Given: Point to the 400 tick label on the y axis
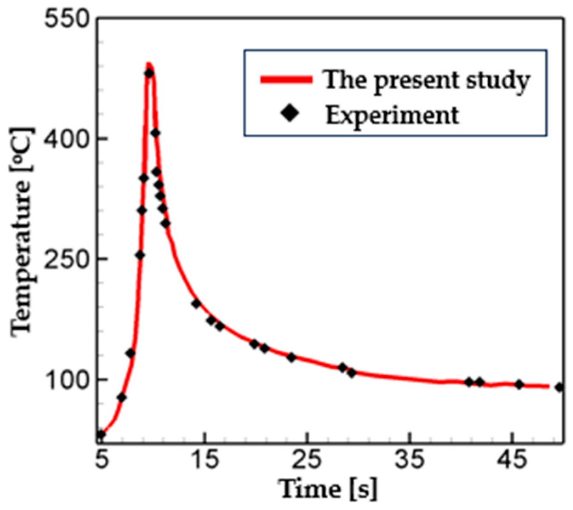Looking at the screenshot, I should pyautogui.click(x=66, y=139).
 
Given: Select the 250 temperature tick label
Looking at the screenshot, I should pyautogui.click(x=66, y=259).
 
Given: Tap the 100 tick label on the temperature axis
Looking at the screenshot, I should pyautogui.click(x=66, y=379).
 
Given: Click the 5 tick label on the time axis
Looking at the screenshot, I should pyautogui.click(x=101, y=460).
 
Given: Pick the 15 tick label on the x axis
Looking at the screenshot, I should pyautogui.click(x=205, y=460).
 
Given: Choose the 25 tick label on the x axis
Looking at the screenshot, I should pyautogui.click(x=307, y=460).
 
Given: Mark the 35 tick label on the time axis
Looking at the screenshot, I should pyautogui.click(x=410, y=460).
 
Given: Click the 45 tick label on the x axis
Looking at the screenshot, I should pyautogui.click(x=513, y=460).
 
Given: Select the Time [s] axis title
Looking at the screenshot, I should pyautogui.click(x=328, y=489).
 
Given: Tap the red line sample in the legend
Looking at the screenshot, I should pyautogui.click(x=286, y=80).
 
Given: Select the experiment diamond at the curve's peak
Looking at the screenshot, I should pyautogui.click(x=149, y=73).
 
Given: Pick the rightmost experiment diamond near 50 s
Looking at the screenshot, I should pyautogui.click(x=560, y=387).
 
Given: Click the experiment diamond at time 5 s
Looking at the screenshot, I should pyautogui.click(x=100, y=434).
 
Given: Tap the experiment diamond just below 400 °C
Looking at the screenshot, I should pyautogui.click(x=155, y=133).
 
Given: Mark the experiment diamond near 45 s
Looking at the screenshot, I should pyautogui.click(x=519, y=384).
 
